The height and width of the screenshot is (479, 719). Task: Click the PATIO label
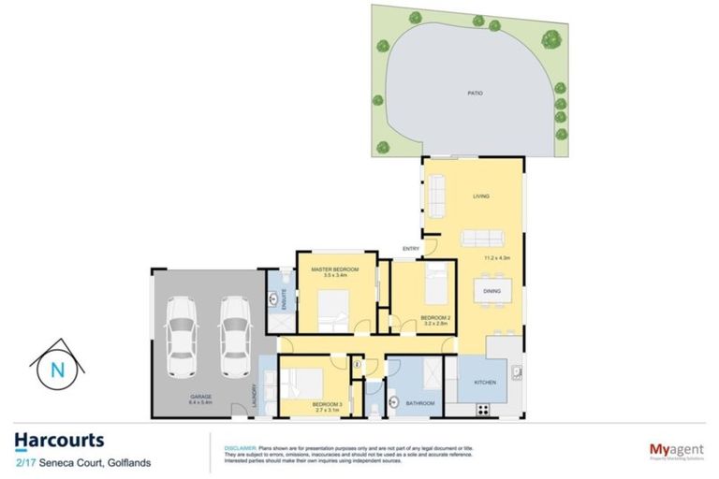[475, 94]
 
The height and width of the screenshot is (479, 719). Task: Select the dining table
[492, 291]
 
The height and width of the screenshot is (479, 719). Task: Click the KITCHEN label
[484, 384]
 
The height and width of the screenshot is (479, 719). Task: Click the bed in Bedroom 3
[301, 383]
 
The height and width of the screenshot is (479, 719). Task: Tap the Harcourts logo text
[59, 441]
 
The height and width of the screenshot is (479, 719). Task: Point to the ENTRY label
[411, 248]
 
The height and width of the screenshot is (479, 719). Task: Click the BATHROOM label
[420, 403]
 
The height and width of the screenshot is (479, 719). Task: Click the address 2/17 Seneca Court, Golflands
[76, 462]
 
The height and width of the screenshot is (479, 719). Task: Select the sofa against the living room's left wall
[437, 193]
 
